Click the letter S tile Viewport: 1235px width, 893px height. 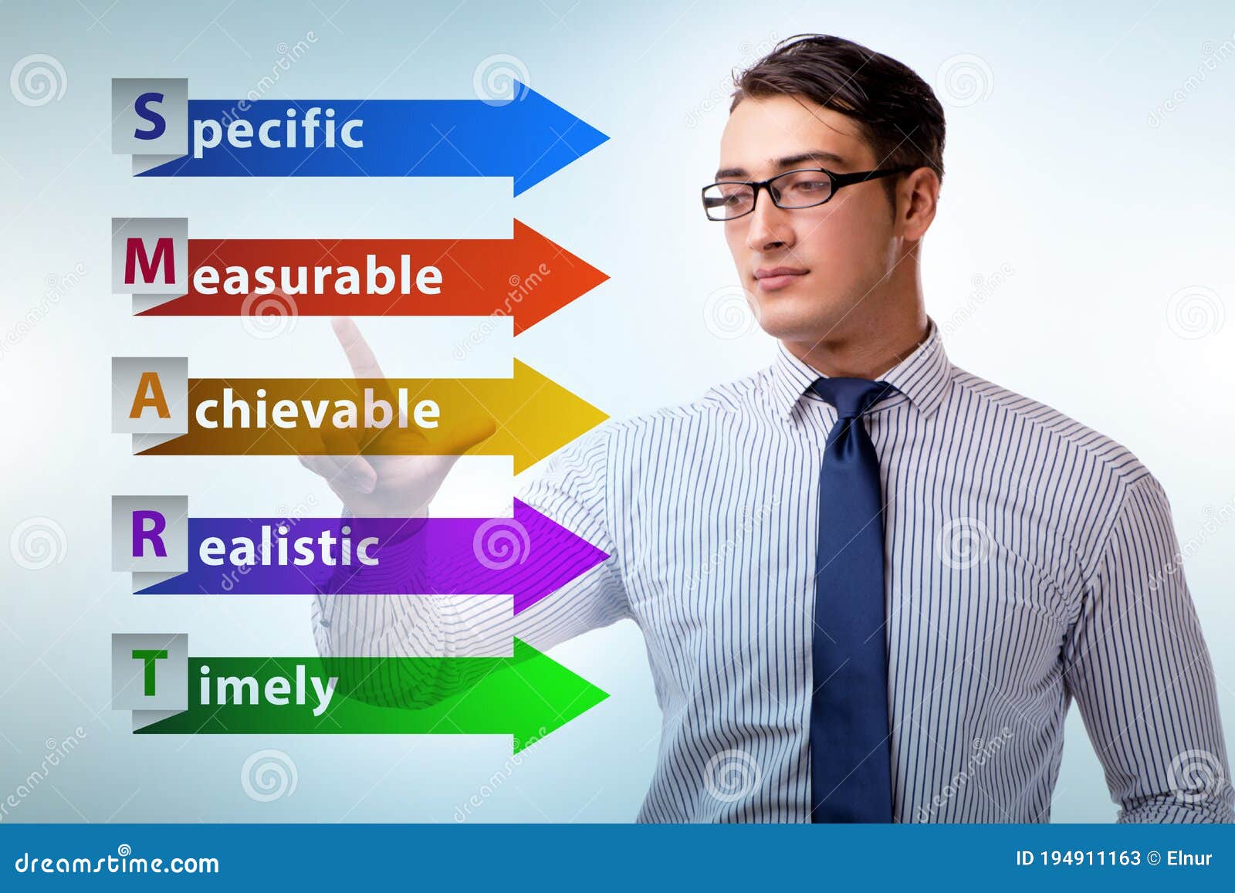150,117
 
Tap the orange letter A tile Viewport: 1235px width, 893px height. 150,396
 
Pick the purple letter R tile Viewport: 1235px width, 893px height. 150,534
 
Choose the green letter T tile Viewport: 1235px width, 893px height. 150,672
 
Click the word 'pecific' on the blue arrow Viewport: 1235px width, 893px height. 278,130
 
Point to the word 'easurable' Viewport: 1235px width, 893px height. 317,276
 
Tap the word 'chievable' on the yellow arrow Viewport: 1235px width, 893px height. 317,409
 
